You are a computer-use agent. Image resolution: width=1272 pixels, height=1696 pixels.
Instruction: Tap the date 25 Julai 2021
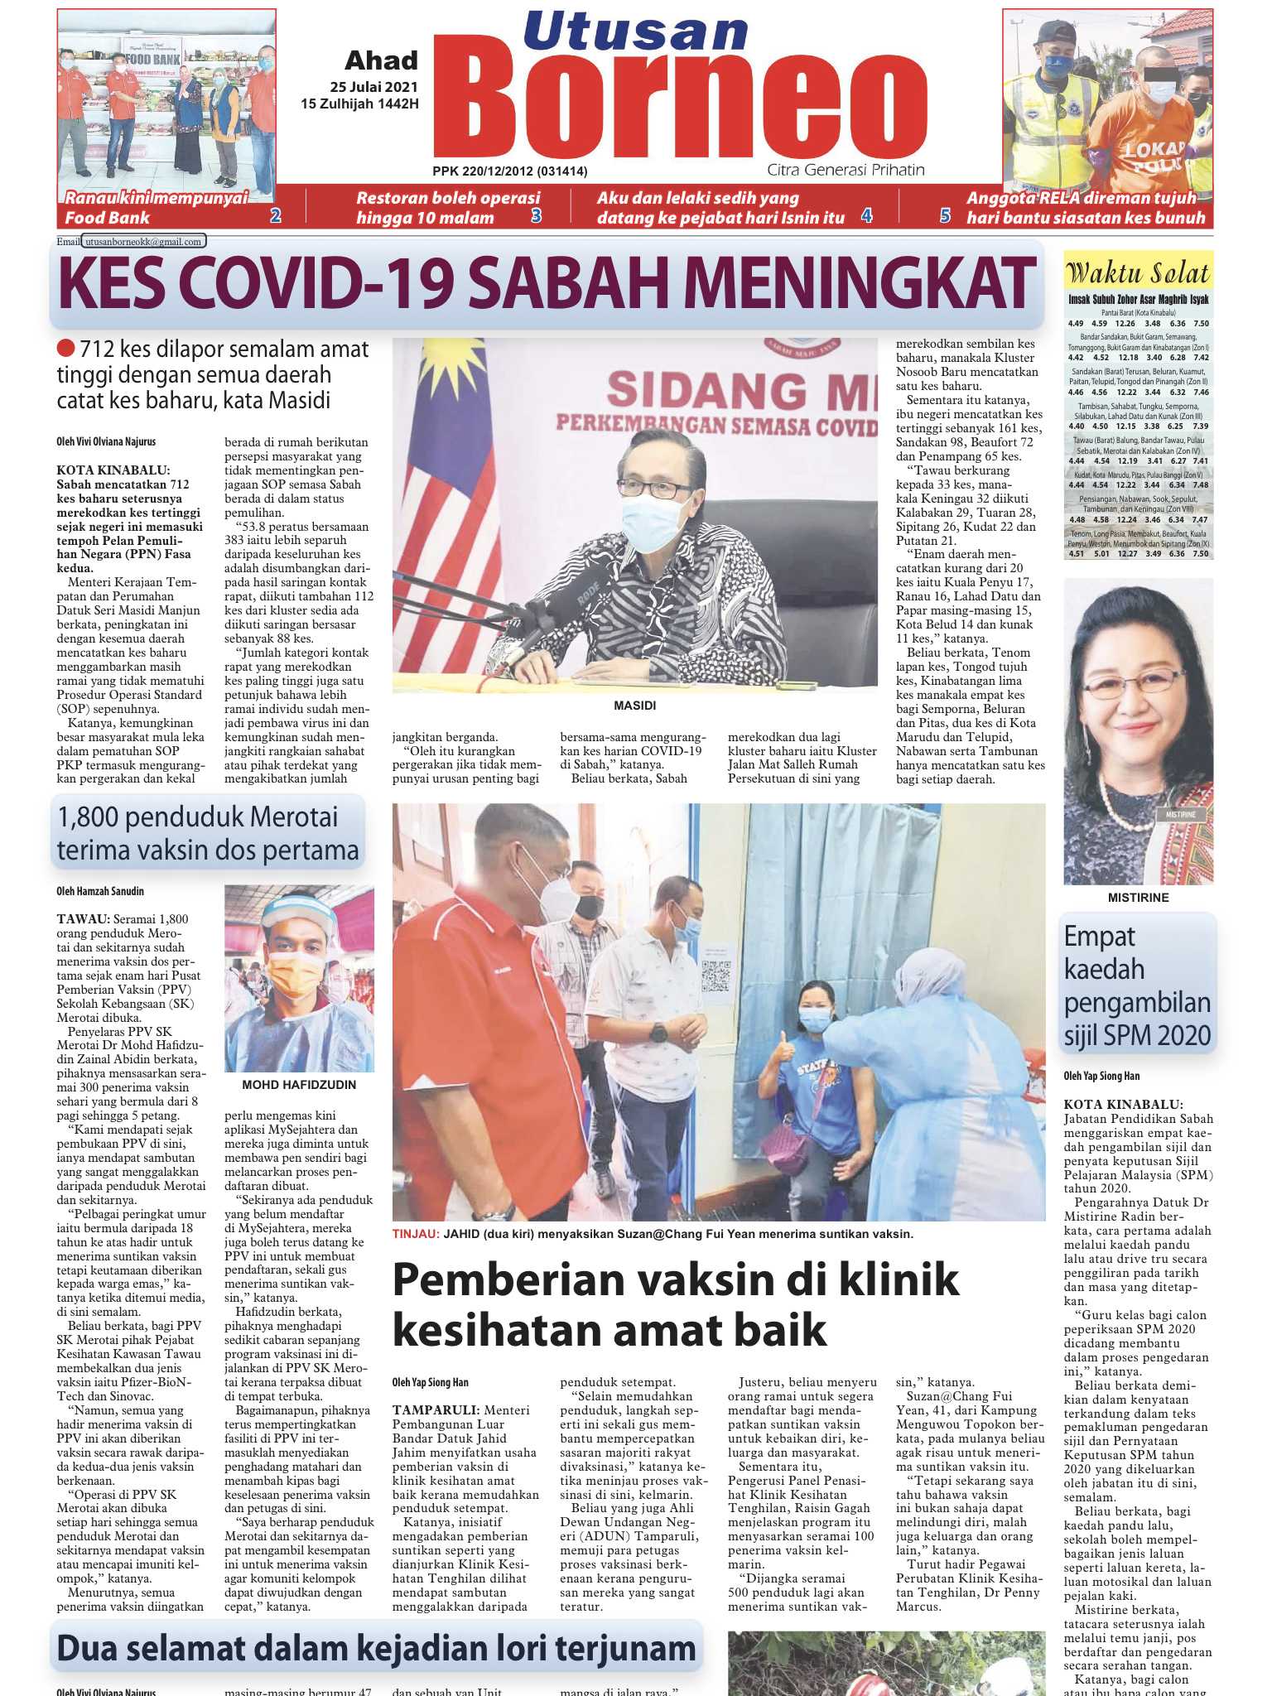373,87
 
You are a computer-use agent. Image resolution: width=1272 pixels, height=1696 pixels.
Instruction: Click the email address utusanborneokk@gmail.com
143,242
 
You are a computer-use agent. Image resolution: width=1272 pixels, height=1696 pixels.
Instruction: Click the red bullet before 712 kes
66,349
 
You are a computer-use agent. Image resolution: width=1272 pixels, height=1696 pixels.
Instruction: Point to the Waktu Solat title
1138,272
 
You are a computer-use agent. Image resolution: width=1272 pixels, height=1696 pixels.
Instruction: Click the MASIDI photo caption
634,706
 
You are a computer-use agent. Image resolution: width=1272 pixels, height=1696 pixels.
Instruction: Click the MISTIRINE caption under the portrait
1138,898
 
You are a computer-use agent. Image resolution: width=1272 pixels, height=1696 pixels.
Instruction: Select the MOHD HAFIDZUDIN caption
299,1085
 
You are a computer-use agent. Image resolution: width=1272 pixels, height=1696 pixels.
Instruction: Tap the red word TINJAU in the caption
415,1234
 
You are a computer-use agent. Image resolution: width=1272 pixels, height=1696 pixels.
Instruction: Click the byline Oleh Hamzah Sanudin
100,891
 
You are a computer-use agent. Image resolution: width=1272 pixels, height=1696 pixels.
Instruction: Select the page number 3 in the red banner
536,216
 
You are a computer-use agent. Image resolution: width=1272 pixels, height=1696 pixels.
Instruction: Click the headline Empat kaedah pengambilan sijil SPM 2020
1137,985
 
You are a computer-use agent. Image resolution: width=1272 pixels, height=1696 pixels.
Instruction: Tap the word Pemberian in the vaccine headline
503,1280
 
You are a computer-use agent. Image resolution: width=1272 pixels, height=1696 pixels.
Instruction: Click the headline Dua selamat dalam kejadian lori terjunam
376,1649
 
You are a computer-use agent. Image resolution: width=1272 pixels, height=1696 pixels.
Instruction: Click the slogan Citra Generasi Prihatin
846,170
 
